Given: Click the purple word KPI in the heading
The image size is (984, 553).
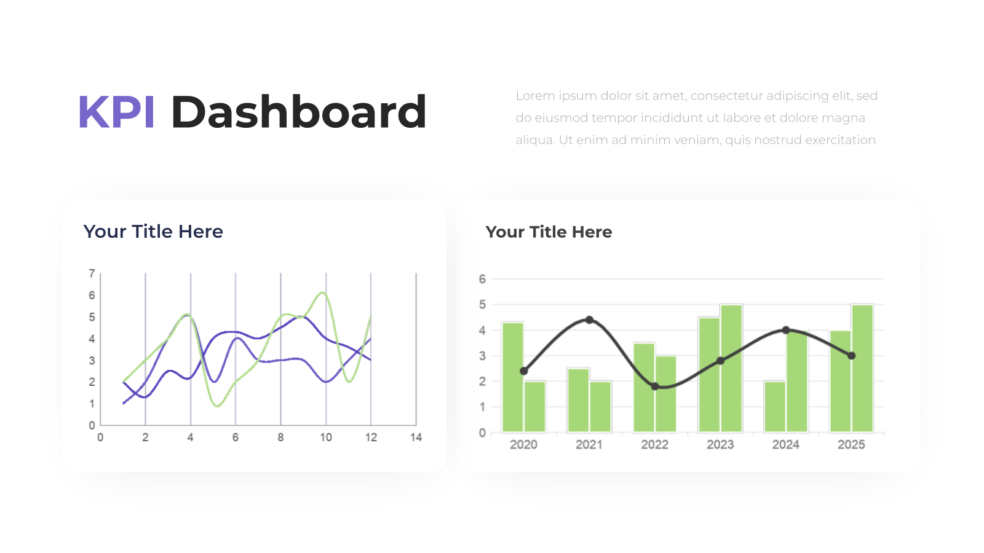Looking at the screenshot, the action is (116, 112).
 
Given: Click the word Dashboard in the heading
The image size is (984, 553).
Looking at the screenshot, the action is (299, 112).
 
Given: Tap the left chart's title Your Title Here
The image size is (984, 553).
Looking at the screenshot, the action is (153, 231).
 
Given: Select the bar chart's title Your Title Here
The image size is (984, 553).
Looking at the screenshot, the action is (549, 232).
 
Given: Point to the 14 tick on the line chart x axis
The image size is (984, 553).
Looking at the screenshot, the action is (416, 437).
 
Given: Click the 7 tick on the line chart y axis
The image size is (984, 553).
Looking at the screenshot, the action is (92, 273).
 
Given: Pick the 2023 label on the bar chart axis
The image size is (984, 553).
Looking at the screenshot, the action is (720, 445).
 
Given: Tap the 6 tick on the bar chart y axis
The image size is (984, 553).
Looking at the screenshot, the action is (482, 279).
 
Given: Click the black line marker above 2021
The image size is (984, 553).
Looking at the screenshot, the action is (590, 320).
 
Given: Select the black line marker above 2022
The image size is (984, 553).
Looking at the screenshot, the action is (655, 386).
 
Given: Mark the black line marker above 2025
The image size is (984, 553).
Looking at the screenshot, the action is (851, 356).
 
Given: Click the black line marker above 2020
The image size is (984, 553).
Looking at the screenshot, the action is (524, 371).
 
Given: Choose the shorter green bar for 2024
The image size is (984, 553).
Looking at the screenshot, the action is (775, 407).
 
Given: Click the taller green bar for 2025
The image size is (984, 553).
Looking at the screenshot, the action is (862, 369).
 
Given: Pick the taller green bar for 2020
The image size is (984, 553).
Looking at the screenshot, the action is (513, 377).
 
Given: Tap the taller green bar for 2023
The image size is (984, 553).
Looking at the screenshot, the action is (731, 369).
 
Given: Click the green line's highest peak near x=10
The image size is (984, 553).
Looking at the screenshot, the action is (323, 292).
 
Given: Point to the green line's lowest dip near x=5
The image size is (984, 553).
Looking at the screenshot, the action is (218, 406).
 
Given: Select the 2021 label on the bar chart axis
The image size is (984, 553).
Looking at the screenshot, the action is (589, 445).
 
